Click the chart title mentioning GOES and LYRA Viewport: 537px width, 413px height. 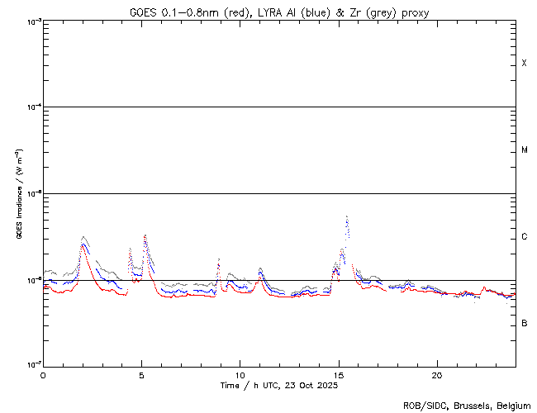click(278, 12)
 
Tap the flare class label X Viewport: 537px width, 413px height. click(525, 64)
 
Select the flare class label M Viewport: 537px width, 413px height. click(525, 150)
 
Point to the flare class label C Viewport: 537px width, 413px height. click(525, 237)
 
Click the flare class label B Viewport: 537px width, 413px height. click(525, 323)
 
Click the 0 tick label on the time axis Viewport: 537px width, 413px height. click(43, 374)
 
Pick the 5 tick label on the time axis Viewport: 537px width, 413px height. click(141, 374)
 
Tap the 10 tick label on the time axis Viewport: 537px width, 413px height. click(240, 374)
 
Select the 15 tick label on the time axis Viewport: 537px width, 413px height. click(338, 374)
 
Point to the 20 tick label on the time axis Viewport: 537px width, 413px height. click(436, 374)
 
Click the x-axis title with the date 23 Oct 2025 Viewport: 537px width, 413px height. click(278, 385)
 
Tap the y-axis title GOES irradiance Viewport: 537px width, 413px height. click(19, 194)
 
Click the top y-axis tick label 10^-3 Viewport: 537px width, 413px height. click(31, 21)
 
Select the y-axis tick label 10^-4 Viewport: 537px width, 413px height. click(31, 107)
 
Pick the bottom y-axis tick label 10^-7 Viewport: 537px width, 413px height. click(31, 364)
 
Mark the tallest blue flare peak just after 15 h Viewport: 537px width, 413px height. click(347, 217)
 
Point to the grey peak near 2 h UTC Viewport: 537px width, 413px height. click(83, 237)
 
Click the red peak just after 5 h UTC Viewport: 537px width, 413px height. click(145, 236)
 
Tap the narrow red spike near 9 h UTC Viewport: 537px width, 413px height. click(218, 261)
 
